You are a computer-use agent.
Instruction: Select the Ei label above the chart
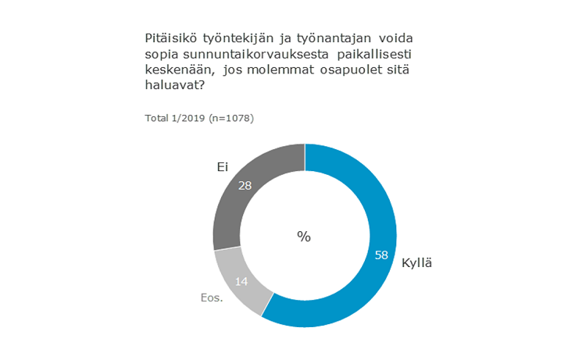(x=221, y=166)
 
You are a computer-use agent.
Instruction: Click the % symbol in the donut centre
(x=304, y=237)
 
